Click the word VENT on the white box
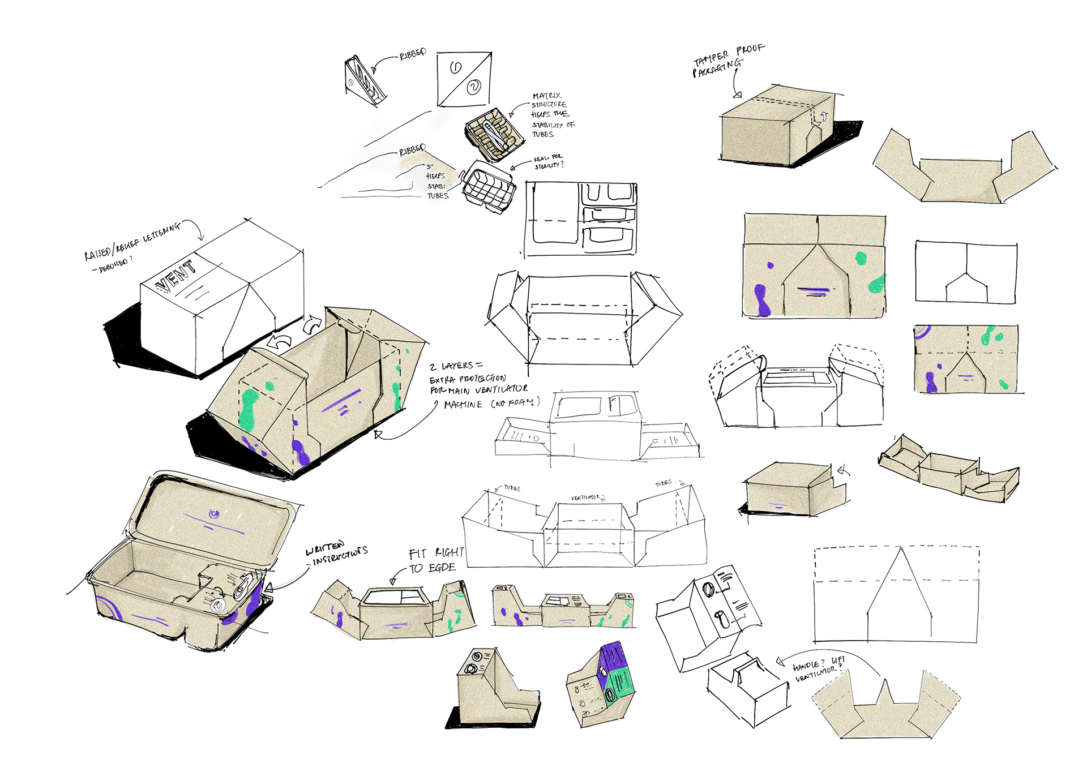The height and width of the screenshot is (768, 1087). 177,276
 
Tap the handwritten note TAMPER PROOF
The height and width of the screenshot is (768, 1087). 729,54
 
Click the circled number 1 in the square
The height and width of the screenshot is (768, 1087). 456,68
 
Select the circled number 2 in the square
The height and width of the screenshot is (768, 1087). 474,87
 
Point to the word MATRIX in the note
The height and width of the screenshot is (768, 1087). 546,96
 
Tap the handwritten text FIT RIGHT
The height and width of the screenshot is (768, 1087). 436,553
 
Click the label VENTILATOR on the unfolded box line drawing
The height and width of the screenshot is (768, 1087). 587,497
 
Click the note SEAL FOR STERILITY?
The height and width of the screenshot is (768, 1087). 548,162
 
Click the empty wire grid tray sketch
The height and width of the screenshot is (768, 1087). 488,187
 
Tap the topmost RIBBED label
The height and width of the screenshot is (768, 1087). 413,54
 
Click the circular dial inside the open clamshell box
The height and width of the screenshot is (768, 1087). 218,605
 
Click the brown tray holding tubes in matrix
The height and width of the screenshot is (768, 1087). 494,134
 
